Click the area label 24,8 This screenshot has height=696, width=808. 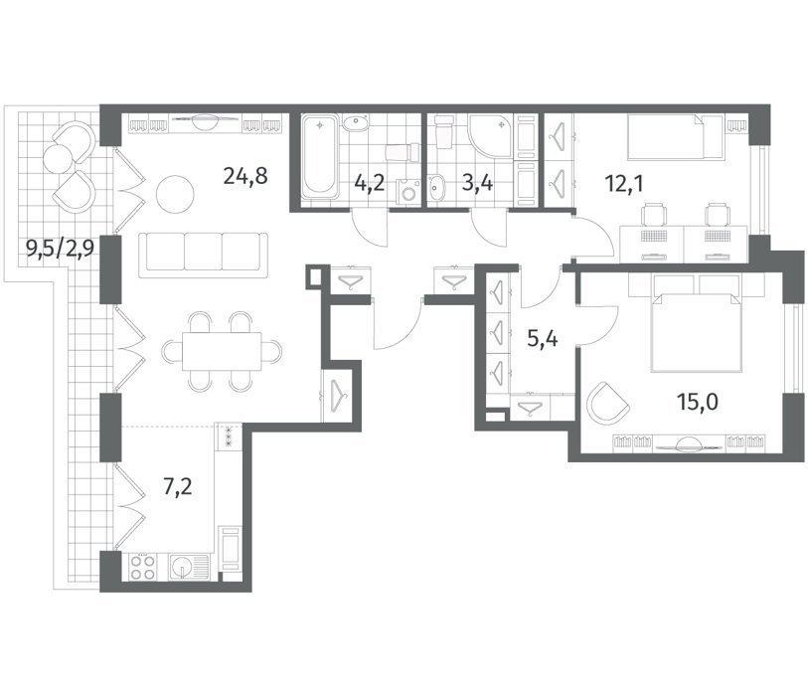(245, 176)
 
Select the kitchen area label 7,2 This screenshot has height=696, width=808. (178, 487)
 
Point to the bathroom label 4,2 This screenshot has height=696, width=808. (370, 183)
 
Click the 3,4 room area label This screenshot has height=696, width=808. (477, 183)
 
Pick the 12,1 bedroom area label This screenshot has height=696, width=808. (624, 184)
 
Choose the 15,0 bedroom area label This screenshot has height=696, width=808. (698, 402)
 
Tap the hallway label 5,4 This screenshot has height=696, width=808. (542, 339)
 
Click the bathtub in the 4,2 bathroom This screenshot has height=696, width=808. (321, 158)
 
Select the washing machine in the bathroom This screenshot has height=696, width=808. (408, 193)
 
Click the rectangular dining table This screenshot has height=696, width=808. (222, 351)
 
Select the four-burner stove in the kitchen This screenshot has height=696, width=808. (143, 567)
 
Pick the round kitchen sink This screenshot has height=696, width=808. (182, 568)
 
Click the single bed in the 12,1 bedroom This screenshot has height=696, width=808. (675, 136)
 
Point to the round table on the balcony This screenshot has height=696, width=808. (58, 158)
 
